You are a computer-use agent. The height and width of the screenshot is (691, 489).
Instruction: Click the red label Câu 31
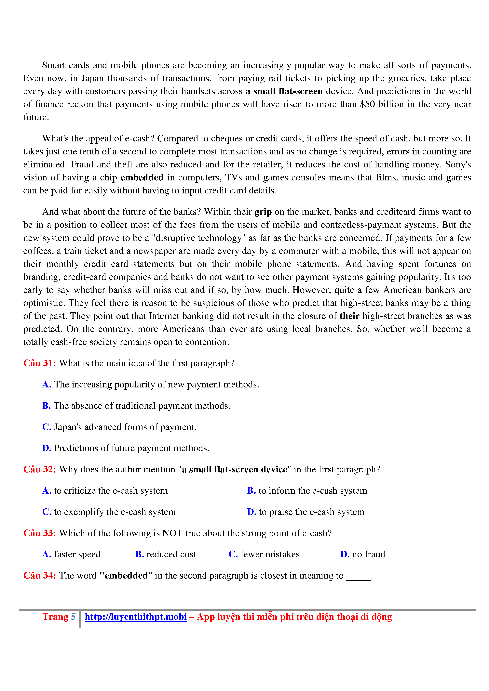39,363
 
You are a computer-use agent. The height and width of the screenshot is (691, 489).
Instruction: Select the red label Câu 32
39,469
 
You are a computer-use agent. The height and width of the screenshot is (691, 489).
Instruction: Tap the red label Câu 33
39,533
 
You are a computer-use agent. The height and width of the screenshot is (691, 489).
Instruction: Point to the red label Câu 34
39,575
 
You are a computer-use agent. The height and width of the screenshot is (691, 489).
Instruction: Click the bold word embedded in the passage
142,177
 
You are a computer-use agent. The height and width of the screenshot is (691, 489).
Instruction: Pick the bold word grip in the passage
263,212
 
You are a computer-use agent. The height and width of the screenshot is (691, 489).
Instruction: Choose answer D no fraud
362,554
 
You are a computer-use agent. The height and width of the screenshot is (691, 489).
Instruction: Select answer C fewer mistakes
264,554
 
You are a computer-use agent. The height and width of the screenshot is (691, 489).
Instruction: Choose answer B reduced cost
166,554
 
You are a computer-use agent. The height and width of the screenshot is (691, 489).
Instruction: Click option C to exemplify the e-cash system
109,512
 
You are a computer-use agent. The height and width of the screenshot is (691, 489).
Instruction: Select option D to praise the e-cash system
306,512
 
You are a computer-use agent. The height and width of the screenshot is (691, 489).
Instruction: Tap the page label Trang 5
59,617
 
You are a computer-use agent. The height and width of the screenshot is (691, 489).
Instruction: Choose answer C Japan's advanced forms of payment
119,427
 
